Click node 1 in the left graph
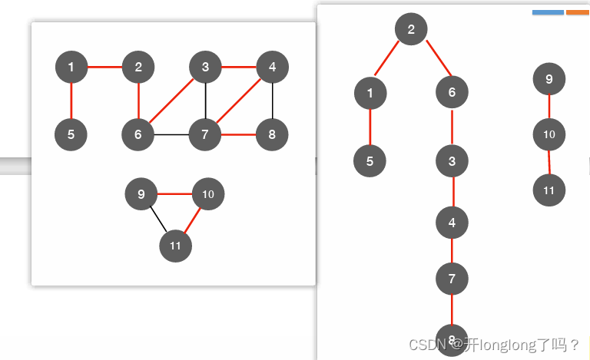click(x=71, y=68)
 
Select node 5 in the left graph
click(x=71, y=135)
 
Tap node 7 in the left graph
click(x=205, y=135)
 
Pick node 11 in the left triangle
click(x=175, y=246)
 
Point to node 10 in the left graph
click(x=207, y=194)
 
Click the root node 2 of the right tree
click(x=411, y=30)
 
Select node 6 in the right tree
click(x=452, y=93)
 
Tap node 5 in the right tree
click(x=370, y=161)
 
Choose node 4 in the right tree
click(x=452, y=223)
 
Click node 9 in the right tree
click(x=549, y=78)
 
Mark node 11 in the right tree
click(x=549, y=190)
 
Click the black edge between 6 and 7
click(x=171, y=135)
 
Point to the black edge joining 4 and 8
click(x=273, y=101)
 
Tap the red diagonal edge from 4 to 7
click(x=239, y=101)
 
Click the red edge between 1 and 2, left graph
click(x=104, y=68)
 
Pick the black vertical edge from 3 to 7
click(x=205, y=101)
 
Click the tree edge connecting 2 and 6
click(x=432, y=61)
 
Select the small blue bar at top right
click(x=548, y=12)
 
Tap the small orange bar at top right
click(x=577, y=12)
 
